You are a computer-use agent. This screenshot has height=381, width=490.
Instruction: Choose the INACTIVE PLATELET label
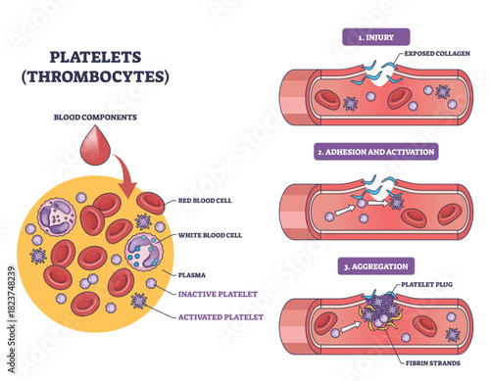(219, 292)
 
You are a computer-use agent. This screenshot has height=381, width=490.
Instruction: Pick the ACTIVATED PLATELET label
(221, 316)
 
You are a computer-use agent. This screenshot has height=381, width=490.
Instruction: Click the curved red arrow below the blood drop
(127, 176)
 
